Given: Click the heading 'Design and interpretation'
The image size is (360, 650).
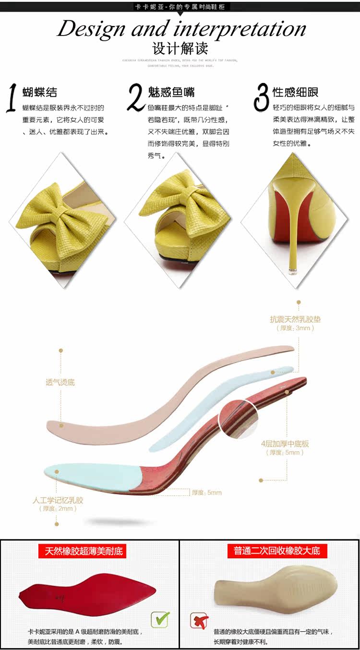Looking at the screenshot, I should tap(181, 29).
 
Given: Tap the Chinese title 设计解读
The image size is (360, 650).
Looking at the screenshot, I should tap(180, 49).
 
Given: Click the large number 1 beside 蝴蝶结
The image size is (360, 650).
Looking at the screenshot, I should tap(13, 98).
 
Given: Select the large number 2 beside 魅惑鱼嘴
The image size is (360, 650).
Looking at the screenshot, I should tap(136, 97).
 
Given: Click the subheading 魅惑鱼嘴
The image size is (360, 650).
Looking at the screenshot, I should tap(171, 92).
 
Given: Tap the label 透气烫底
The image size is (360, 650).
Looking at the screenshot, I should tap(60, 382).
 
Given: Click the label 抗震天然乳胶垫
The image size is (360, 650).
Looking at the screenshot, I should tap(295, 319).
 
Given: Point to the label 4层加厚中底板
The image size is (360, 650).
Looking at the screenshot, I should tap(285, 444).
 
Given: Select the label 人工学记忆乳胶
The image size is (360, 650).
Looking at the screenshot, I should tap(58, 500).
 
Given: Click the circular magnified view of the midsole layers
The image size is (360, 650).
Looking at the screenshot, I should tap(239, 419).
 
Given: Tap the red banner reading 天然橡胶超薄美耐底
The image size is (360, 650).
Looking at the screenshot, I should tap(84, 551).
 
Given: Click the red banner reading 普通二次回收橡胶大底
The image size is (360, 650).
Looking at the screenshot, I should tap(277, 551).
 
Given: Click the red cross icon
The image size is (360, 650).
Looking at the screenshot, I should tap(198, 620).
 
